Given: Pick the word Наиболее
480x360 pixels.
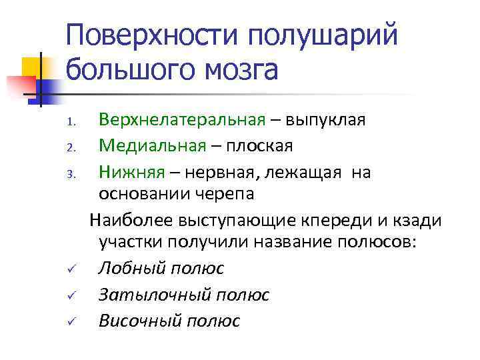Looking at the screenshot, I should tap(131, 219).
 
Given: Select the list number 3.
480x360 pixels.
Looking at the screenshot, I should tap(75, 173).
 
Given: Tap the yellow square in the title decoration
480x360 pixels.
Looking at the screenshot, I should tap(32, 67).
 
